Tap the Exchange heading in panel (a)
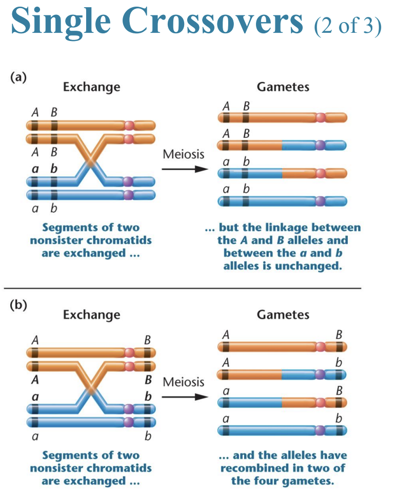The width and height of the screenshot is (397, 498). (x=91, y=87)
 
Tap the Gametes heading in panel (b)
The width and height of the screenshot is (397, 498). (x=283, y=314)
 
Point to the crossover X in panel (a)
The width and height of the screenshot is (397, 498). (x=91, y=162)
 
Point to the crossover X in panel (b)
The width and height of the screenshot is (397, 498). (x=91, y=389)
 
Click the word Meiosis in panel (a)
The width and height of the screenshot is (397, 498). (x=184, y=154)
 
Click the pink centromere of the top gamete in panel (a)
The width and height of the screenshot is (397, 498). (x=321, y=118)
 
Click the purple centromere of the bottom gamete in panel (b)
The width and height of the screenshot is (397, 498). (x=321, y=430)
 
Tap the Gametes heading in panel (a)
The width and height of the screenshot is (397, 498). (x=283, y=87)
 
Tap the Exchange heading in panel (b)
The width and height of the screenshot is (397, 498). (x=91, y=314)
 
